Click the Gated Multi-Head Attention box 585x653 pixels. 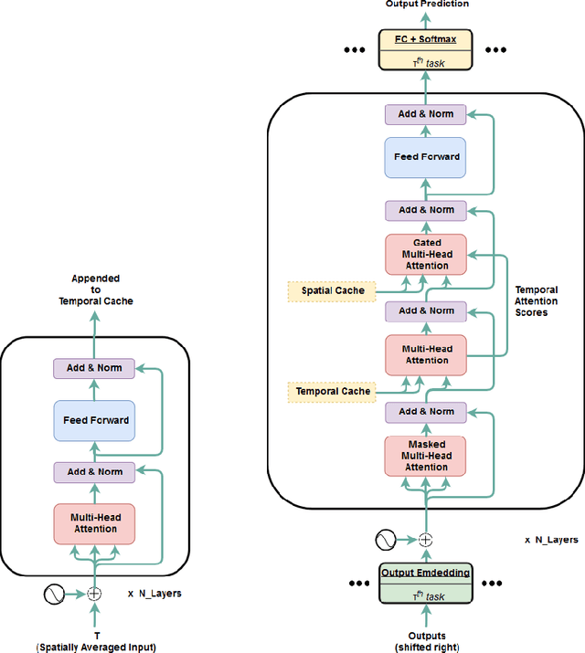(x=425, y=255)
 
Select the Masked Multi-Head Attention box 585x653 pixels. (x=425, y=456)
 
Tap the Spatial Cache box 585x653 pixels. (x=332, y=290)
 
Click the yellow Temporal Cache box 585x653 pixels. (x=333, y=391)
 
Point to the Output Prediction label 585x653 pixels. (x=426, y=5)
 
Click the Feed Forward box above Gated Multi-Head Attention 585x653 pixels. (x=425, y=157)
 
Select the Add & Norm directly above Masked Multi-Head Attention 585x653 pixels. (x=425, y=411)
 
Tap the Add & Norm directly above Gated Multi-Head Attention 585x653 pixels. (x=425, y=210)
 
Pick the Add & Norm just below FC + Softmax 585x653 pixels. (x=425, y=114)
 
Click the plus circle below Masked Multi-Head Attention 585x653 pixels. (x=425, y=539)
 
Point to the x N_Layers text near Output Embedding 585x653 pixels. (x=550, y=540)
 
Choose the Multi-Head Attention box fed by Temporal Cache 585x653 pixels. (x=425, y=354)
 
